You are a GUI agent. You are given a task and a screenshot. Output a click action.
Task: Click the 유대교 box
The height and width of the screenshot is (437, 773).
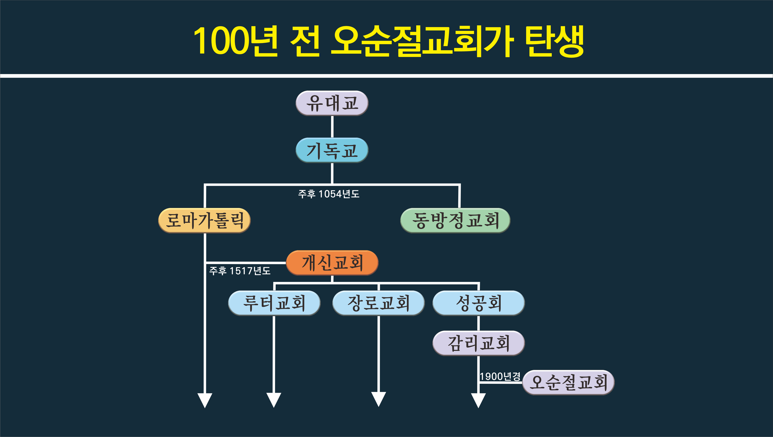pyautogui.click(x=332, y=103)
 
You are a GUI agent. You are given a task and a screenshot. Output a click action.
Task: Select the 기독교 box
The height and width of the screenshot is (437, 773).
pyautogui.click(x=332, y=150)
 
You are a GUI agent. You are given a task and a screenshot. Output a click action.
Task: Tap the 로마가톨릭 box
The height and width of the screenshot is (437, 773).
pyautogui.click(x=204, y=220)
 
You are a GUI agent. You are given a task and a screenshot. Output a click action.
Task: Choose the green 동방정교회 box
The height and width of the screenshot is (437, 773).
pyautogui.click(x=455, y=220)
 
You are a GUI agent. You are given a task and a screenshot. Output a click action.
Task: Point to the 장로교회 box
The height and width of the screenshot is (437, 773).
pyautogui.click(x=378, y=303)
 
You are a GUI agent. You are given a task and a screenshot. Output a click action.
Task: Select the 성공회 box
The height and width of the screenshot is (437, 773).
pyautogui.click(x=479, y=303)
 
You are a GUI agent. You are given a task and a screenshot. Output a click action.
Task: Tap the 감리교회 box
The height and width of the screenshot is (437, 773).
pyautogui.click(x=479, y=343)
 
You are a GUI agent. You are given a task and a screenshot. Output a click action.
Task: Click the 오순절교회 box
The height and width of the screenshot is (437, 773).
pyautogui.click(x=568, y=382)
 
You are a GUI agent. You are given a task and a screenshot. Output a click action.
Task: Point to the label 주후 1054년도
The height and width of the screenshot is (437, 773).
pyautogui.click(x=329, y=194)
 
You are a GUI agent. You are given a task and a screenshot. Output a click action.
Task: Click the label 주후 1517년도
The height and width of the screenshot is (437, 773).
pyautogui.click(x=240, y=271)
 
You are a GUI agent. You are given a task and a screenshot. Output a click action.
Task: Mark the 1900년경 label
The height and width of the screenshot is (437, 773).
pyautogui.click(x=500, y=376)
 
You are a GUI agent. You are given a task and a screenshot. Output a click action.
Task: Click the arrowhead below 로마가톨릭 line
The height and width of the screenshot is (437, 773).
pyautogui.click(x=205, y=400)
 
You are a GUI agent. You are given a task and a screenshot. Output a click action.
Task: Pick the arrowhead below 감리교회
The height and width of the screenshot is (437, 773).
pyautogui.click(x=478, y=400)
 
